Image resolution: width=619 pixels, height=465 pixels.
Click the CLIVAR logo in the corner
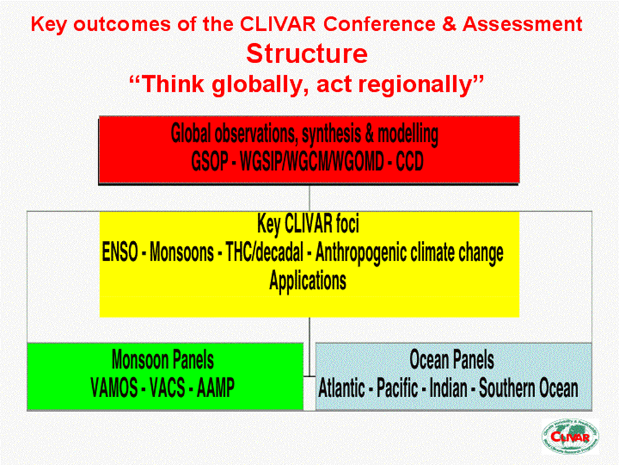(x=569, y=437)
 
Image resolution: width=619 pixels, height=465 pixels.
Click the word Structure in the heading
(x=307, y=54)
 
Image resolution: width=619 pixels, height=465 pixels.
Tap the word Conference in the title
(x=379, y=24)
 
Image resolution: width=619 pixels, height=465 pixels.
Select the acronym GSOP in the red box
(x=209, y=161)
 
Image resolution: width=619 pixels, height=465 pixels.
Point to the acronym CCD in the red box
(x=409, y=161)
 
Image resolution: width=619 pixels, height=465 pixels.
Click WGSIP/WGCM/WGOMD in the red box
(x=312, y=161)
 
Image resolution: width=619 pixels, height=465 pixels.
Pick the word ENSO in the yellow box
(x=120, y=252)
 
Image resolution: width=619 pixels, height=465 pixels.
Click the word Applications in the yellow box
(x=308, y=281)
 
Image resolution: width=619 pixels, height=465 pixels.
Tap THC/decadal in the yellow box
(x=264, y=252)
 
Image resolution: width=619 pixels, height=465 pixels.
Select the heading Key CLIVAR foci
(x=308, y=223)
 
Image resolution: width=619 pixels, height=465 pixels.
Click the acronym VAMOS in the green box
(x=114, y=387)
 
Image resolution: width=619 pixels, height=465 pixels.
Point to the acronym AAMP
(x=215, y=387)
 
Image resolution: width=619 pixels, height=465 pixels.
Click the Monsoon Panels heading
(x=162, y=360)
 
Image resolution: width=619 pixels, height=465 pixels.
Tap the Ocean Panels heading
(x=451, y=360)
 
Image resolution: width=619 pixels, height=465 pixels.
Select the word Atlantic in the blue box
(x=342, y=388)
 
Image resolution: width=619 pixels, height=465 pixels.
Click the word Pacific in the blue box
(x=397, y=388)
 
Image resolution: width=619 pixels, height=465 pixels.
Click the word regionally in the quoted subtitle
(x=395, y=85)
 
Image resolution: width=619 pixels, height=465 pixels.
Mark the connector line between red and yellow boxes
(x=309, y=198)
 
